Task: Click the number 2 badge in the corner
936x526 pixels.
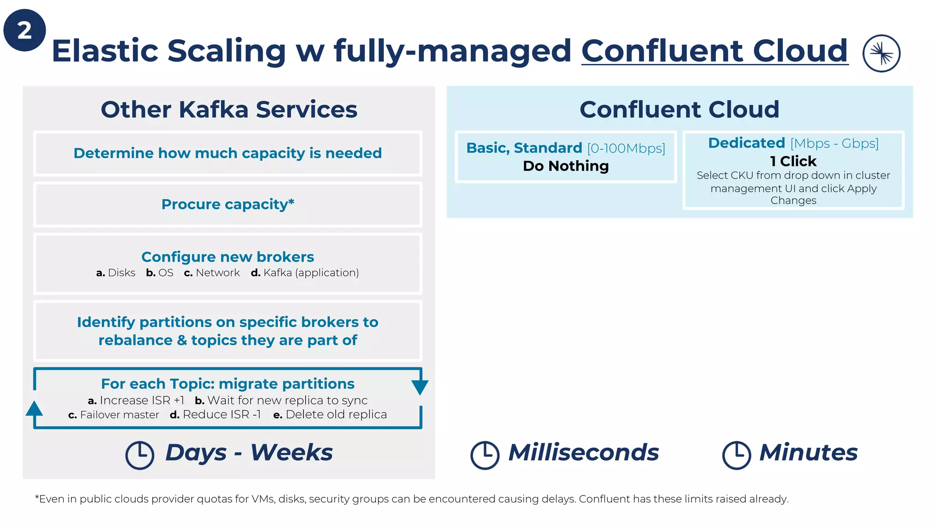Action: [25, 30]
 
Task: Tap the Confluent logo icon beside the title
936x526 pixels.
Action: [881, 53]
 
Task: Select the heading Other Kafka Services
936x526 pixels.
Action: [229, 110]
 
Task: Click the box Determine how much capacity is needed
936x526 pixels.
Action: [228, 153]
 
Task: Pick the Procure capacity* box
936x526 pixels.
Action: [228, 204]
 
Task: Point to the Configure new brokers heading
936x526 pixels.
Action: [228, 257]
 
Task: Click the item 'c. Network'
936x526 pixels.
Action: [212, 273]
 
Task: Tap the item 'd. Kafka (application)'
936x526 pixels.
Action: [305, 273]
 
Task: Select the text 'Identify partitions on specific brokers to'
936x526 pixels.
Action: [228, 322]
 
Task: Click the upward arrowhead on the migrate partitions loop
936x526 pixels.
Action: [34, 408]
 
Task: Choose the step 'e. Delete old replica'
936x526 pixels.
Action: [330, 415]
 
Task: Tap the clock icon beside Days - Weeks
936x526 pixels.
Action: [140, 455]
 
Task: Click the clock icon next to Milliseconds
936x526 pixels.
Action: [484, 455]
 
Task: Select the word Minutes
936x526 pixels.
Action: [808, 452]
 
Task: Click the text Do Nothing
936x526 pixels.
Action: [566, 166]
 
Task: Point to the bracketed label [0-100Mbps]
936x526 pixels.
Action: [626, 148]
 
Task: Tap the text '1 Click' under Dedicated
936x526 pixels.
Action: [793, 161]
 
